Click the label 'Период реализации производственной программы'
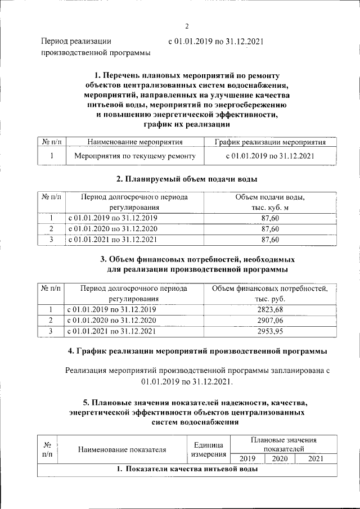click(x=96, y=47)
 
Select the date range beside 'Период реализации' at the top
click(x=216, y=41)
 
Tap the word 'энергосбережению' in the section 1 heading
click(x=251, y=104)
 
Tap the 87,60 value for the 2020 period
click(x=270, y=229)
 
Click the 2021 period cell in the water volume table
click(x=112, y=240)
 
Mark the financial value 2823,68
click(x=270, y=310)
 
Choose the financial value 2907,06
click(x=270, y=321)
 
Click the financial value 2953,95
click(x=270, y=331)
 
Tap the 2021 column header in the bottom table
click(x=316, y=459)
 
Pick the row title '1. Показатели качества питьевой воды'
click(x=187, y=470)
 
